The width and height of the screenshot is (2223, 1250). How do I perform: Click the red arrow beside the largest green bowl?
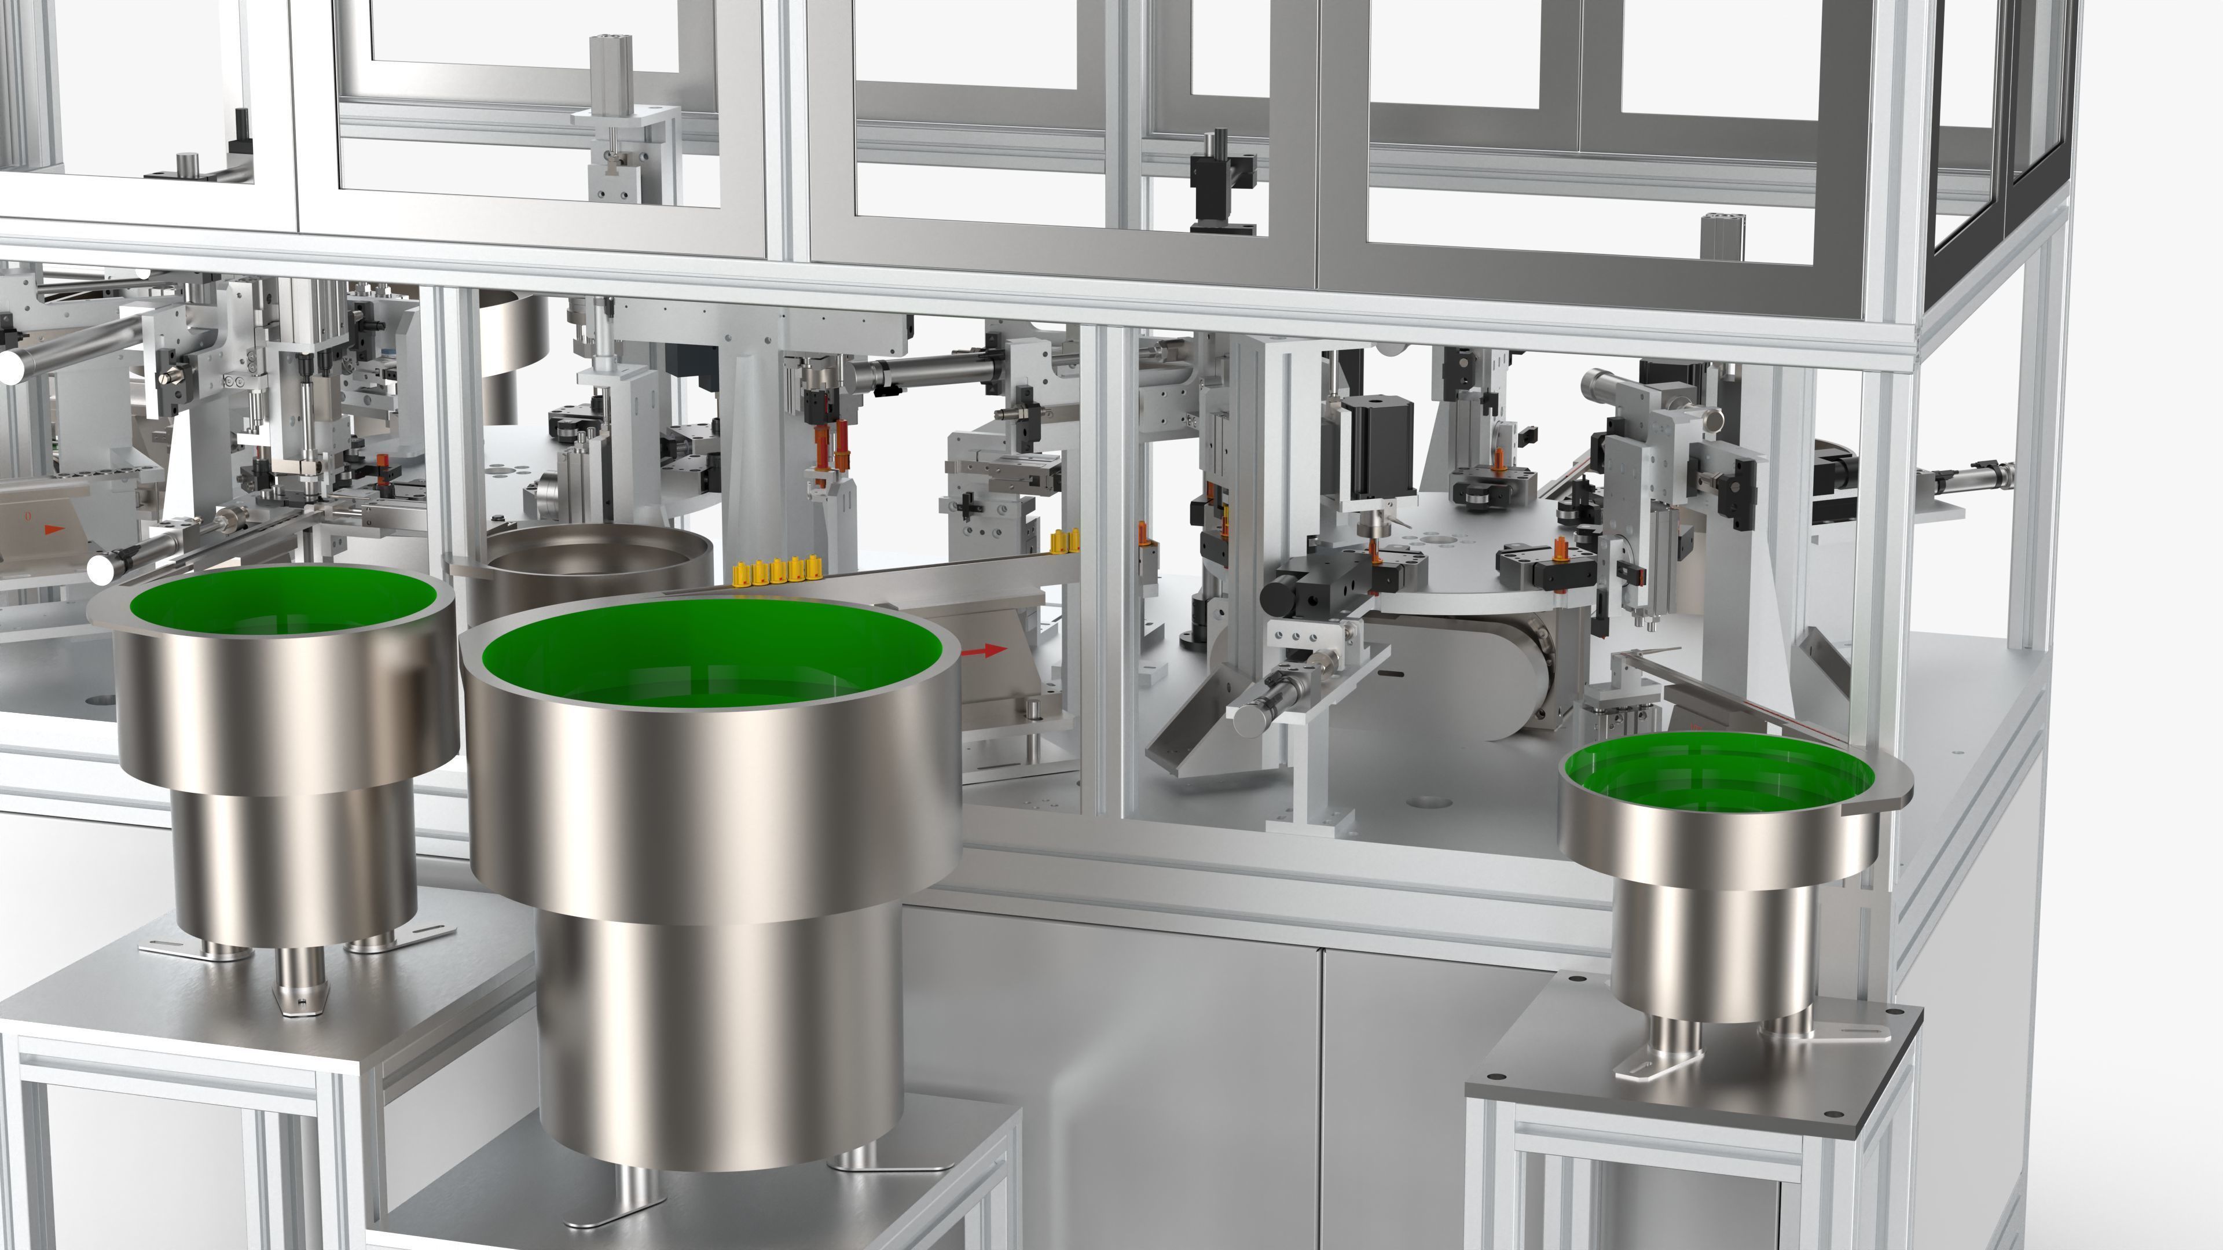985,650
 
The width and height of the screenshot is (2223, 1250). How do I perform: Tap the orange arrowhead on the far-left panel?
53,528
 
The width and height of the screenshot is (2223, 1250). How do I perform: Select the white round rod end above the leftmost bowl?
104,567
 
